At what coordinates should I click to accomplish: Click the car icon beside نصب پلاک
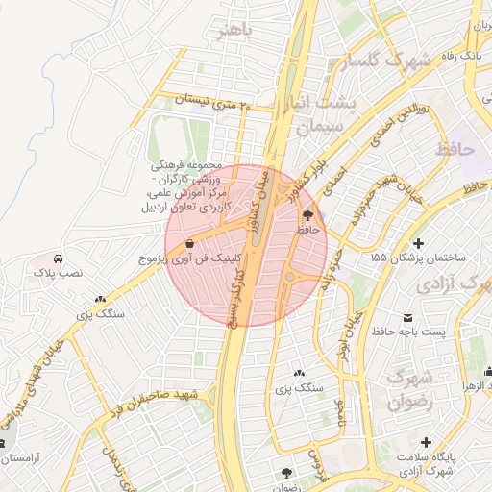(59, 258)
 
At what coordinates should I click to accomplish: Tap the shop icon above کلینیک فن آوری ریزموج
(189, 244)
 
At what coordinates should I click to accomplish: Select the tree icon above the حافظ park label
(307, 215)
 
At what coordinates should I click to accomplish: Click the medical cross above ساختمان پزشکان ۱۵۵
(418, 243)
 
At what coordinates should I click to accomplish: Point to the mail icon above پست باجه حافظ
(408, 317)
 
